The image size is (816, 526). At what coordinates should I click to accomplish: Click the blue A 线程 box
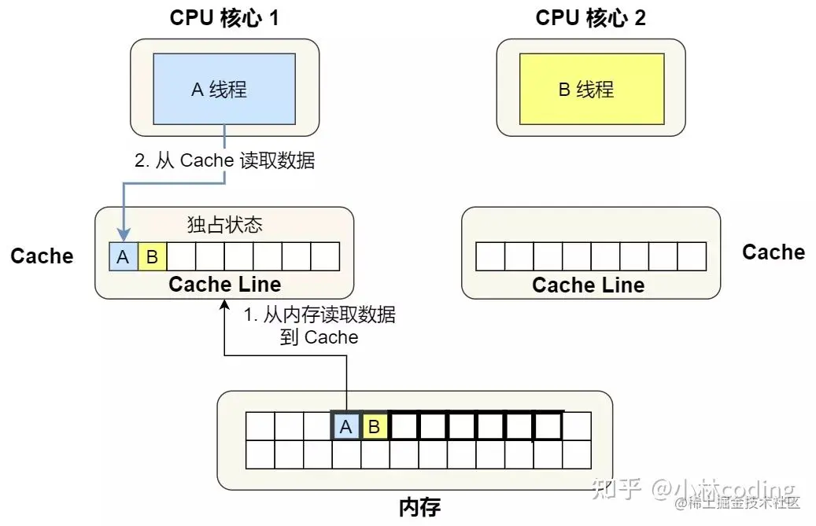point(224,89)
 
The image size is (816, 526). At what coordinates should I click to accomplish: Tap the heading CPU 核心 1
point(224,18)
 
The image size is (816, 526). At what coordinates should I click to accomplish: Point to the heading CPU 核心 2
point(590,18)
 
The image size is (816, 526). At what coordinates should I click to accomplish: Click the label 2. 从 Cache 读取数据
point(225,161)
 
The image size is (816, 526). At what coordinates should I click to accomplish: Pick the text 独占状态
point(224,226)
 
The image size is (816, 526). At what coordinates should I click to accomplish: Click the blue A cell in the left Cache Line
point(123,256)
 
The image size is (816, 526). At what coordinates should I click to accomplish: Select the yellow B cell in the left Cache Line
point(152,256)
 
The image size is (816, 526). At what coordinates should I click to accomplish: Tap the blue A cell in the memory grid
point(345,427)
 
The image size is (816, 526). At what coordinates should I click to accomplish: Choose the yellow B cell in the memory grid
point(375,427)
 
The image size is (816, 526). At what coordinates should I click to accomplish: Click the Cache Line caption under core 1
point(224,284)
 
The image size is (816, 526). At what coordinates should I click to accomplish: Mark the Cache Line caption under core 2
point(588,285)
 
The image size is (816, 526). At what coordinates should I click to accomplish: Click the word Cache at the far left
point(42,256)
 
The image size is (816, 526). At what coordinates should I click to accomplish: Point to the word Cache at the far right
point(774,252)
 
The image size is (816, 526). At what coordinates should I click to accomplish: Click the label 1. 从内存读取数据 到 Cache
point(319,326)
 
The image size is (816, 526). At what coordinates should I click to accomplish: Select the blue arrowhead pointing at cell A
point(123,234)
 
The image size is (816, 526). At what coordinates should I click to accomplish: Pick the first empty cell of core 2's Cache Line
point(490,256)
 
